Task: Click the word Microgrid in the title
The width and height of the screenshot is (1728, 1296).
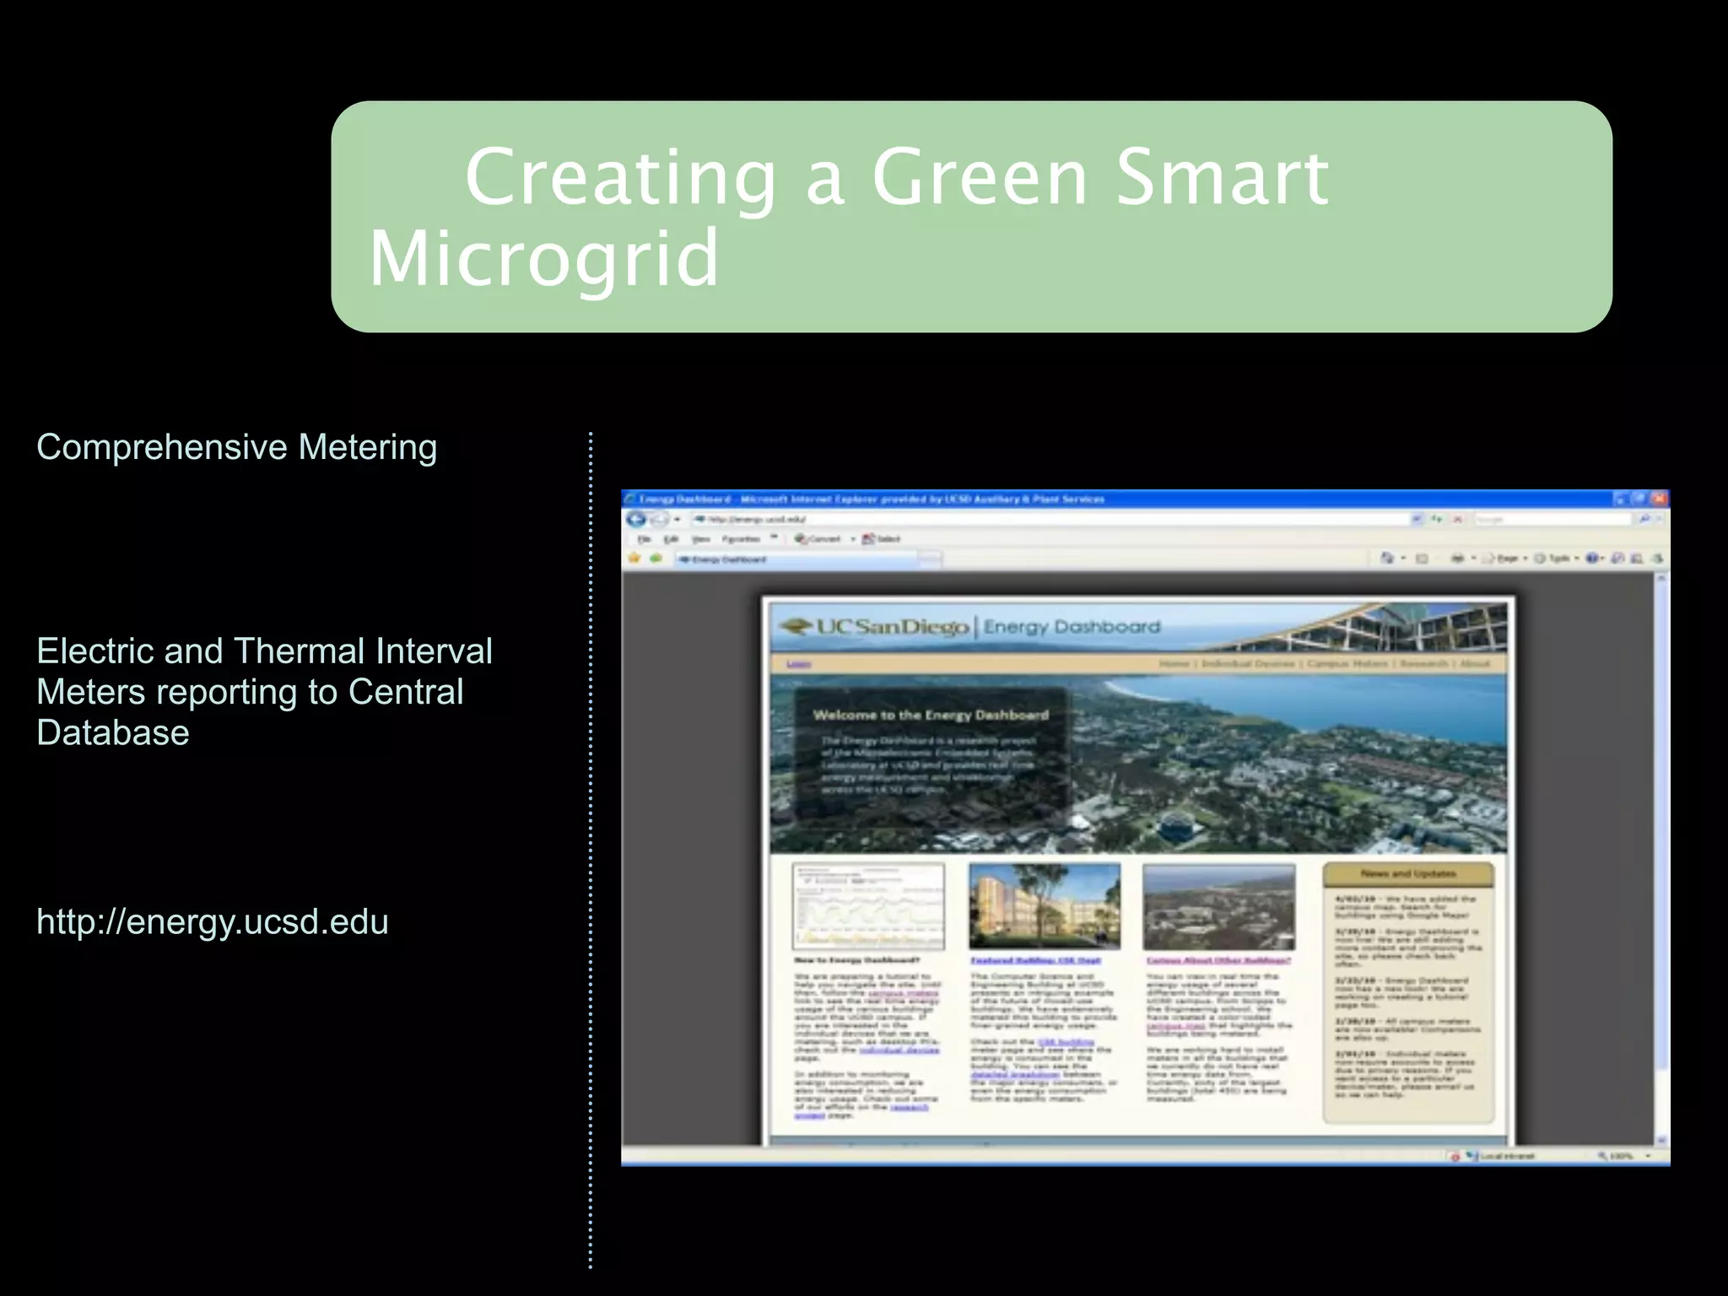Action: pos(544,258)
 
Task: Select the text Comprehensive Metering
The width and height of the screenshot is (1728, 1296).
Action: pos(236,447)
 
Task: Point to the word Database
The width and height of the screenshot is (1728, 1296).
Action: pos(113,732)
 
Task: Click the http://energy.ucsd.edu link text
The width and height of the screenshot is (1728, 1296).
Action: pos(213,921)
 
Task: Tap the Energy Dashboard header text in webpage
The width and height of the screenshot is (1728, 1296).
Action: pos(1072,627)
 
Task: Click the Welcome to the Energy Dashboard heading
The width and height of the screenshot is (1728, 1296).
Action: pos(930,715)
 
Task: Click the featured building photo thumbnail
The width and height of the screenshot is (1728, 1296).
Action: pos(1045,906)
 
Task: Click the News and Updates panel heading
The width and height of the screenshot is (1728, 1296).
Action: pos(1407,874)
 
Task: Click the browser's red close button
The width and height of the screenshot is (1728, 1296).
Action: pos(1658,499)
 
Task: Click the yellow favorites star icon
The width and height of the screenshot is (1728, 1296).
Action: pos(634,558)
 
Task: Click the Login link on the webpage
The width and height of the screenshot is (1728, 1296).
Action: pos(797,664)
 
